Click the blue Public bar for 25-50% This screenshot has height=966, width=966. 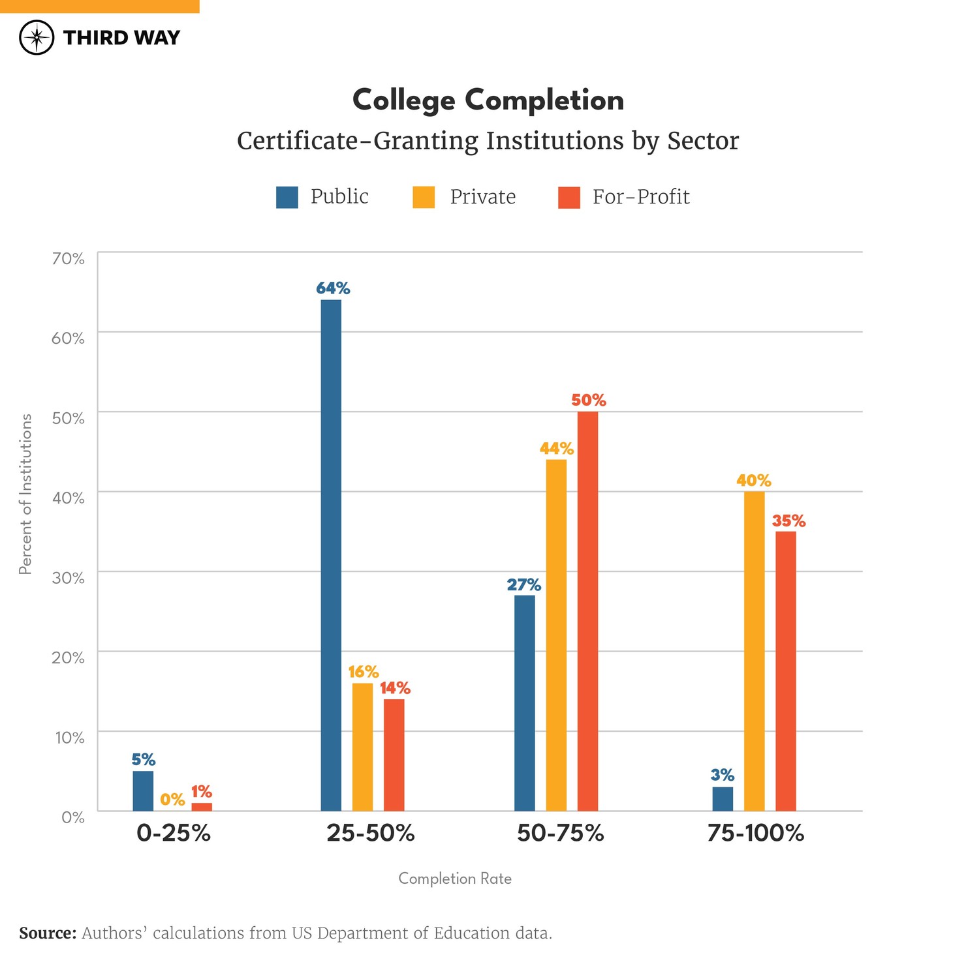[331, 554]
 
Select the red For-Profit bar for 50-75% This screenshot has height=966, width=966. [587, 611]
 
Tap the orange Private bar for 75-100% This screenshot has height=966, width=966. [754, 651]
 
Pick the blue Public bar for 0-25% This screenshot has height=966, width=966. [143, 791]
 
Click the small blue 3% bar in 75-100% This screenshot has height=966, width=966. [723, 798]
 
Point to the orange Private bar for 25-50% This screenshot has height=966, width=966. [362, 747]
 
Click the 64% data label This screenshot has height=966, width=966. [333, 288]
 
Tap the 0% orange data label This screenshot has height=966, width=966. [172, 799]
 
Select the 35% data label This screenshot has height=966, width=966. [788, 521]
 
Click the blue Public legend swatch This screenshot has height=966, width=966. [287, 197]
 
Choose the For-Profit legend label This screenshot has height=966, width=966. [640, 197]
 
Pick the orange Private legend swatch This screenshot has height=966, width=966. [424, 197]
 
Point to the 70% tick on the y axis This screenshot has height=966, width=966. [69, 259]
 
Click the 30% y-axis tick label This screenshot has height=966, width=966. [69, 578]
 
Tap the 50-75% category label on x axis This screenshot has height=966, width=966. [560, 833]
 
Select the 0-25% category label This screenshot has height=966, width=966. [174, 833]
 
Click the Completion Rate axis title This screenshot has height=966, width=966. [455, 879]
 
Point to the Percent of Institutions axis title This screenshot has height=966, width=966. [25, 494]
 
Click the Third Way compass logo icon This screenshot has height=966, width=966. [37, 37]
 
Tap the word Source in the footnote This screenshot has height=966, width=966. [48, 933]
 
